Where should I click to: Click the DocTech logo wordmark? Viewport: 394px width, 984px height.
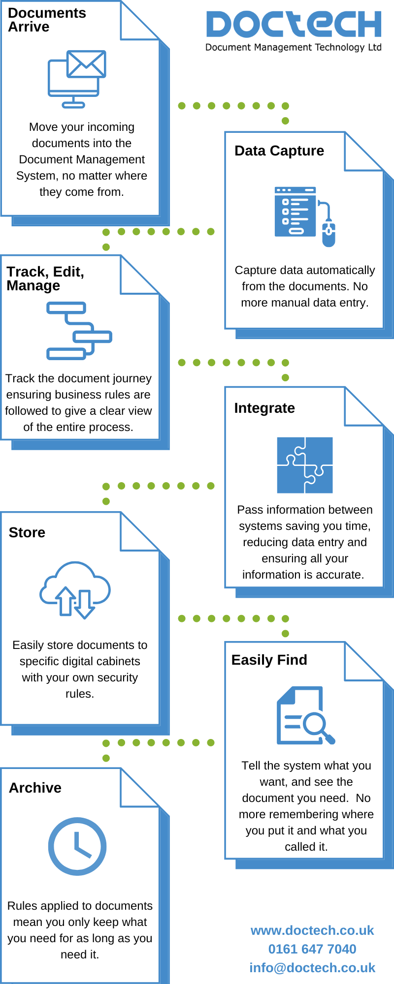pos(294,25)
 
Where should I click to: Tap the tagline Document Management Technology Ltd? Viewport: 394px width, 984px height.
pos(294,48)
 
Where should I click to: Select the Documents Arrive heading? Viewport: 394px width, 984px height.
pos(47,20)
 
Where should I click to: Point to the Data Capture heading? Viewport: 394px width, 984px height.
pos(279,151)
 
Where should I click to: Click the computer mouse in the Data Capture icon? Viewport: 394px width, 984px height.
pos(328,233)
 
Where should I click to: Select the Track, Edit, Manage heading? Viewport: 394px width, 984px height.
pos(45,278)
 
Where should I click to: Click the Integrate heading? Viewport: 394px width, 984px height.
pos(264,408)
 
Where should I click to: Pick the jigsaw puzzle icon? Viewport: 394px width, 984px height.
pos(305,465)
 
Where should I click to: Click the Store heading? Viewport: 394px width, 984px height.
pos(27,533)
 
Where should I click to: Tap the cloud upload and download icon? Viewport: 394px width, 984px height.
pos(75,590)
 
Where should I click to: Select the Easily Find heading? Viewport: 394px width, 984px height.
pos(269,660)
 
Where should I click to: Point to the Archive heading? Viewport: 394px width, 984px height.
pos(35,788)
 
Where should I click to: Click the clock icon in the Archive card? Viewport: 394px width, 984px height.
pos(77,846)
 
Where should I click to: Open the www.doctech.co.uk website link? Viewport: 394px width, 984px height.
pos(312,931)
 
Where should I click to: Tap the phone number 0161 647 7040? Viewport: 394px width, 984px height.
pos(312,949)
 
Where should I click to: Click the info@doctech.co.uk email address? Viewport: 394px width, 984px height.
pos(312,968)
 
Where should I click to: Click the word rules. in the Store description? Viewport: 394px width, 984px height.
pos(80,694)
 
